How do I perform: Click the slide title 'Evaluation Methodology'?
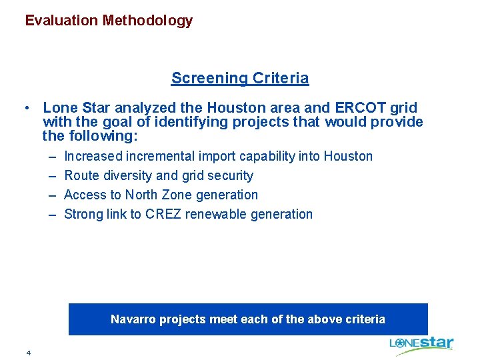(x=109, y=21)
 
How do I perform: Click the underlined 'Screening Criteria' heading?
(x=240, y=78)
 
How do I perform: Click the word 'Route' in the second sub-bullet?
(x=80, y=176)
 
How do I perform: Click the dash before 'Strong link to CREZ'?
(x=52, y=215)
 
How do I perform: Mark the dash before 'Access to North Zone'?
(x=52, y=195)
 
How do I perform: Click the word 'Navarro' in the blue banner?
(x=132, y=319)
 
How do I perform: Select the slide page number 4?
(x=29, y=352)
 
